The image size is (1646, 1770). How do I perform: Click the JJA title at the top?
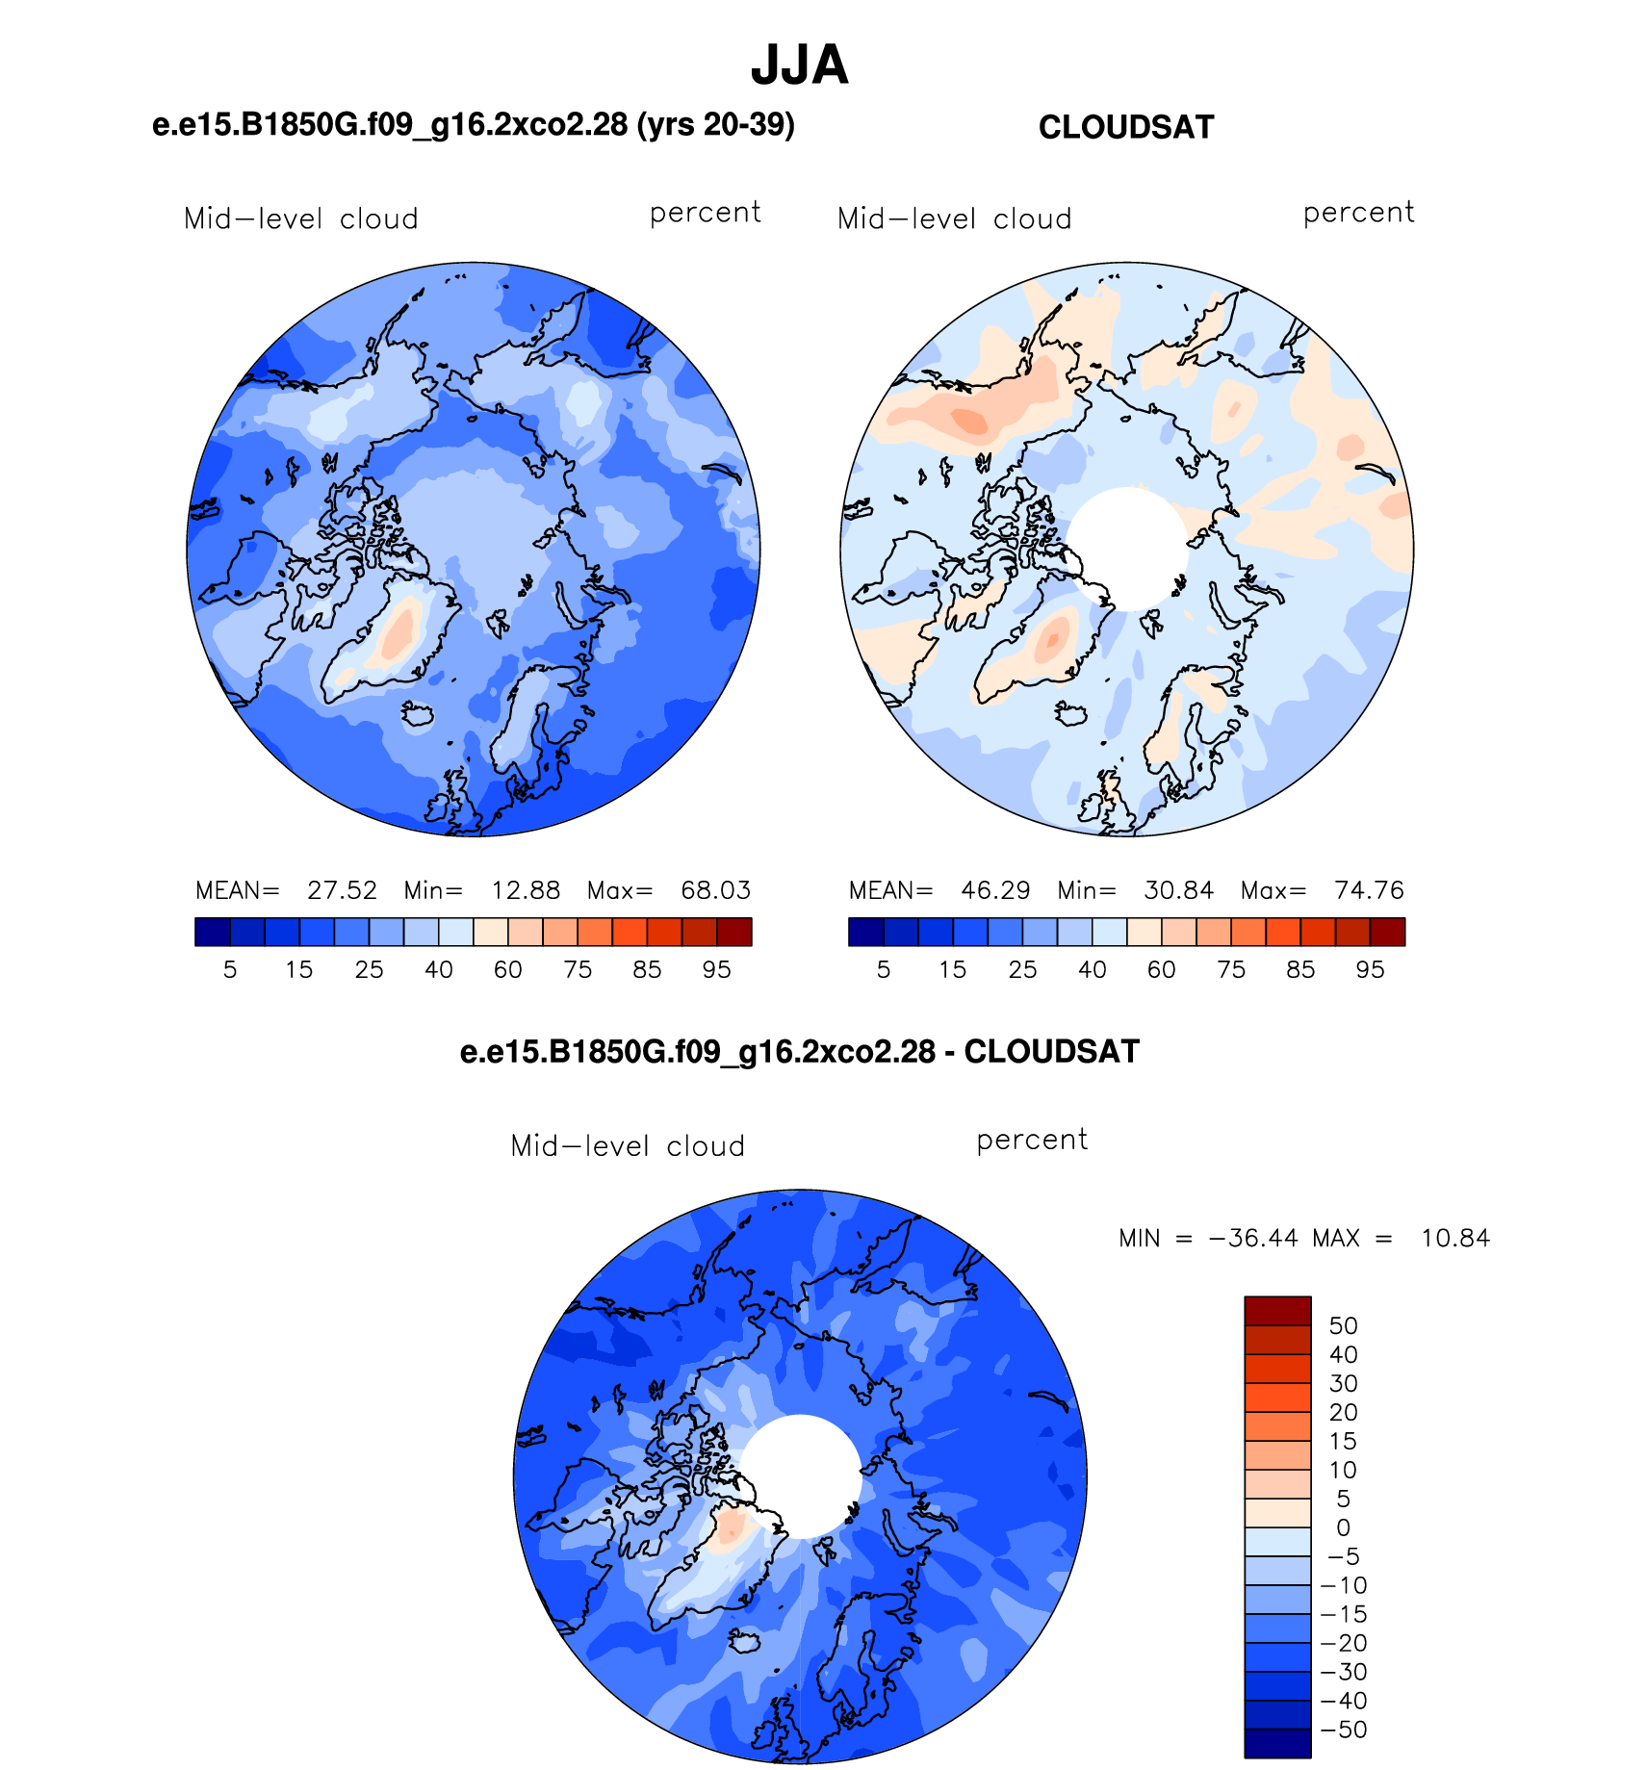click(799, 65)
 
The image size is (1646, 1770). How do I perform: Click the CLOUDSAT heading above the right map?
click(1126, 127)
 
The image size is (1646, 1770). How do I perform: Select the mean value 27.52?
click(342, 890)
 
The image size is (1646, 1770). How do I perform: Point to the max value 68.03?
click(715, 890)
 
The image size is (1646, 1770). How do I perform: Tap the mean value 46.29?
click(995, 890)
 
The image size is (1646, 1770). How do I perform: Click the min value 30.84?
click(1178, 890)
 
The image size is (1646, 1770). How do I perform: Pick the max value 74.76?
click(1369, 890)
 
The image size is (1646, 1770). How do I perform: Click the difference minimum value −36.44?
click(1252, 1238)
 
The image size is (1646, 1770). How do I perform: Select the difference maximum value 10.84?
click(1455, 1238)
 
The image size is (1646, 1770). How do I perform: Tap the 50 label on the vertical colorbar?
click(1343, 1325)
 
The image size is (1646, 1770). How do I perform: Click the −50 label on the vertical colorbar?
click(1344, 1730)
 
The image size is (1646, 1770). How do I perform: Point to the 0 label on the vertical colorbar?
click(1344, 1527)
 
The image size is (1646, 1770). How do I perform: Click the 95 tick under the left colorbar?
click(716, 969)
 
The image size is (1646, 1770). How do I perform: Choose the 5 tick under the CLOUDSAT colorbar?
click(884, 969)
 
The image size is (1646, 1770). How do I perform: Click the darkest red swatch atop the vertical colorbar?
click(1277, 1311)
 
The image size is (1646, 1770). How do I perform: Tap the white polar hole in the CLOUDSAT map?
click(1127, 549)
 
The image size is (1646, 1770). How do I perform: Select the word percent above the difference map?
click(1032, 1140)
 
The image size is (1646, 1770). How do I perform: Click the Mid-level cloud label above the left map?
click(301, 218)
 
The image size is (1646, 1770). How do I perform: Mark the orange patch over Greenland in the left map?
click(399, 628)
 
